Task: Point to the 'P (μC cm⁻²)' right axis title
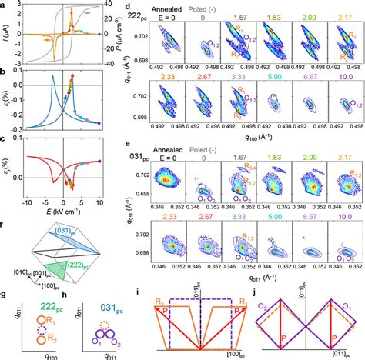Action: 127,32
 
